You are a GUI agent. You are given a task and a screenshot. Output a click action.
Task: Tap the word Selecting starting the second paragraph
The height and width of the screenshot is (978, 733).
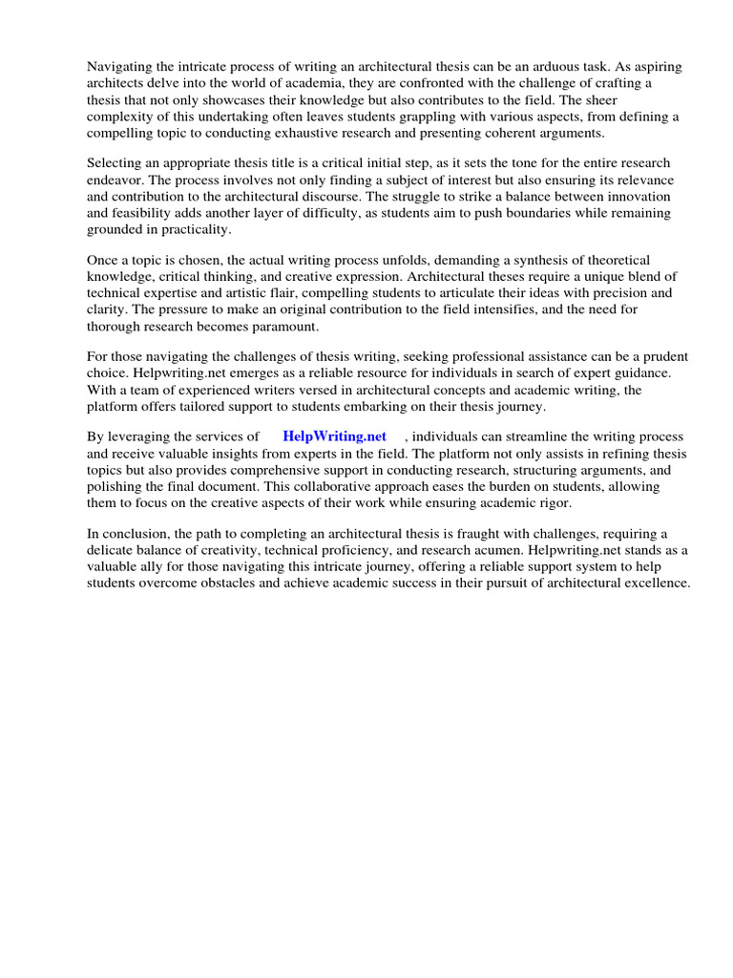[115, 163]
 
